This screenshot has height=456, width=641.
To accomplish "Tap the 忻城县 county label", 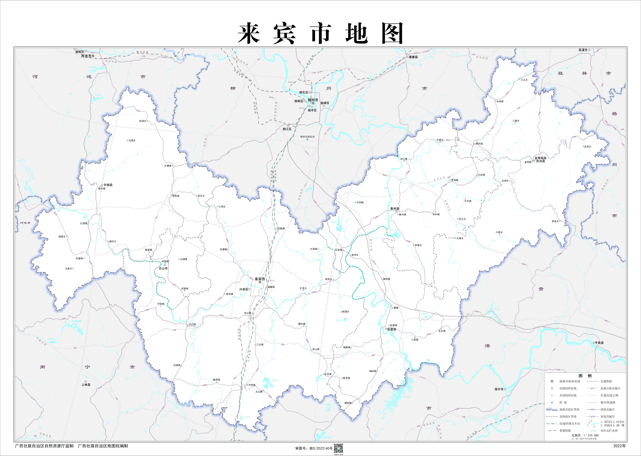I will [108, 185].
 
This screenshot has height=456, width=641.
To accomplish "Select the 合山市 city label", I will [163, 268].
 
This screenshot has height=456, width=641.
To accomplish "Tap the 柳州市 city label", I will [313, 100].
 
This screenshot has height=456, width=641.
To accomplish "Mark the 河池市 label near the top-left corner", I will [86, 56].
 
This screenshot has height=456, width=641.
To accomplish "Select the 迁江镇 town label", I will [192, 324].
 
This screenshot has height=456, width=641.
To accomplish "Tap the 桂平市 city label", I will [499, 389].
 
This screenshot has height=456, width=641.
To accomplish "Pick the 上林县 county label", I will [86, 385].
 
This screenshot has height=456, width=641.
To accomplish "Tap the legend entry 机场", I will [563, 402].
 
